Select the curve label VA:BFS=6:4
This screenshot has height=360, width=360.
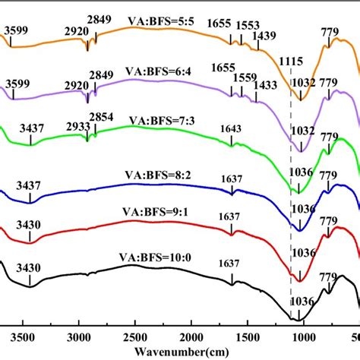[x=162, y=76]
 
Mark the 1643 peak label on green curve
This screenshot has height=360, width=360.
[x=230, y=128]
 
